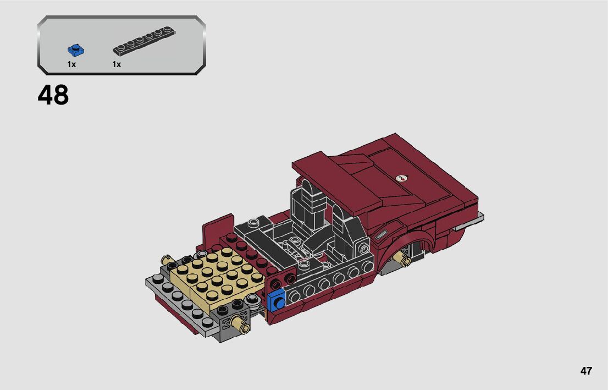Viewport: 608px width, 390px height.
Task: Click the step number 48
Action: (x=53, y=95)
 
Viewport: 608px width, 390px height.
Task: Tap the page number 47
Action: (x=586, y=371)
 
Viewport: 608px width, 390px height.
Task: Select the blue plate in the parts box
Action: (x=76, y=51)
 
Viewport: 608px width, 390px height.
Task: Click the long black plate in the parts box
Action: (x=144, y=41)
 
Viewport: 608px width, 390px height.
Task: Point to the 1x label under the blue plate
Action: (x=71, y=64)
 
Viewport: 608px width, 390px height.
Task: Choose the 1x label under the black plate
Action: (x=117, y=64)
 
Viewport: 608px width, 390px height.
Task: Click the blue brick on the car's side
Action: (x=277, y=300)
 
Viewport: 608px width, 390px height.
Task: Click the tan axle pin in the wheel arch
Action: (x=401, y=259)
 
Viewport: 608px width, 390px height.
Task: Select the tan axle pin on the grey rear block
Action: (x=240, y=323)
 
